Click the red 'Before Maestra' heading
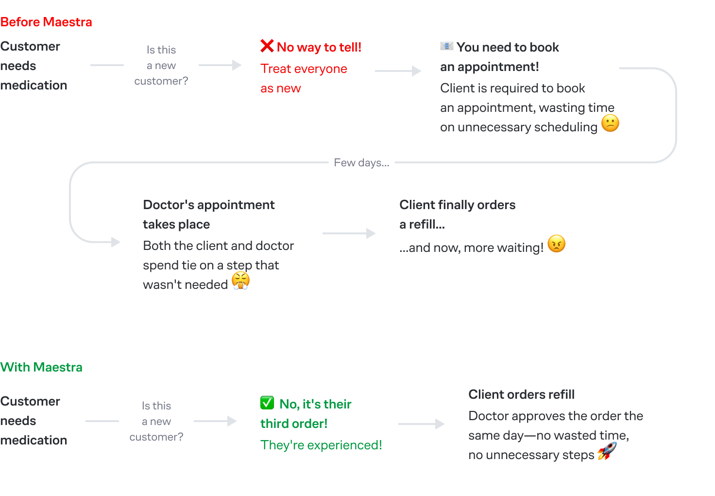46,22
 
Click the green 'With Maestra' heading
41,367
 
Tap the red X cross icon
267,46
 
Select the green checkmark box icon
267,403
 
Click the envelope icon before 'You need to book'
446,46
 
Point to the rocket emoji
607,451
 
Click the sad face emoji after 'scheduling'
610,123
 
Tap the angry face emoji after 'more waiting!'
556,244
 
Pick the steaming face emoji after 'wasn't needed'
240,281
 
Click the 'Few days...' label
362,163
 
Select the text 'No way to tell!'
319,47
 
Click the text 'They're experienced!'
321,445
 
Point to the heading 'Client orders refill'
521,395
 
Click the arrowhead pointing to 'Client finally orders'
371,233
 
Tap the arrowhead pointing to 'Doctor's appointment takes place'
116,242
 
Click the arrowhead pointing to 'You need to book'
417,71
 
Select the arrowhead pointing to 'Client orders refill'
440,424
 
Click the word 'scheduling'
565,127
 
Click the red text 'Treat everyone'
304,69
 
